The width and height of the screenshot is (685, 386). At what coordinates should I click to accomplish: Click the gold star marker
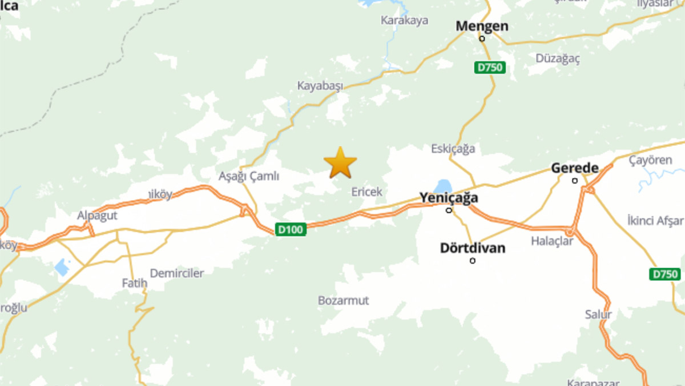click(x=340, y=163)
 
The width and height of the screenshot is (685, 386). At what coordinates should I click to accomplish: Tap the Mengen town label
click(x=482, y=26)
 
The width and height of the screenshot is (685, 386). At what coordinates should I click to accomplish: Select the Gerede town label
click(x=574, y=168)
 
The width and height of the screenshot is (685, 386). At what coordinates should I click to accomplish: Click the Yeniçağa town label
click(x=449, y=198)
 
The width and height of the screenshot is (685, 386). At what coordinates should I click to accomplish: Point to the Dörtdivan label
click(x=473, y=248)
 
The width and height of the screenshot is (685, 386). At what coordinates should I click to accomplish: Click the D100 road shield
click(x=291, y=229)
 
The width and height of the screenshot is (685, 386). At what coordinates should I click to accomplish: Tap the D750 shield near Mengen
click(x=490, y=67)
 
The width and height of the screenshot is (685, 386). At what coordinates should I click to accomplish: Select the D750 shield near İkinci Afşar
click(x=664, y=274)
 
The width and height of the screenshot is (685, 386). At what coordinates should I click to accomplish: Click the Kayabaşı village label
click(x=320, y=86)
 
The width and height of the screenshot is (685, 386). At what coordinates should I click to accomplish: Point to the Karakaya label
click(x=404, y=21)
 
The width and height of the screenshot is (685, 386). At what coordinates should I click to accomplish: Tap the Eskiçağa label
click(x=453, y=149)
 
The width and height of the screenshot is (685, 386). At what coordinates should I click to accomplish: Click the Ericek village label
click(x=366, y=192)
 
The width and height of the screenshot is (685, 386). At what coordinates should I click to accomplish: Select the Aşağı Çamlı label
click(x=249, y=176)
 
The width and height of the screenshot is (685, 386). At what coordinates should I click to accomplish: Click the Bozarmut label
click(x=344, y=300)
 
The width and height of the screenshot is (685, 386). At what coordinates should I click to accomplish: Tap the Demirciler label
click(x=176, y=273)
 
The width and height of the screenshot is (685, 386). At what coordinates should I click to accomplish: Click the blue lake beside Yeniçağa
click(x=442, y=186)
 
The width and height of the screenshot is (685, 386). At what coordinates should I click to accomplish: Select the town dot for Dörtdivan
click(x=473, y=261)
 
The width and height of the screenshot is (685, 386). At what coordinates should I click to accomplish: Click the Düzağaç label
click(x=558, y=58)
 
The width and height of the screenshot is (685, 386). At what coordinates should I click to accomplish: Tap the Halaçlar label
click(x=552, y=241)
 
